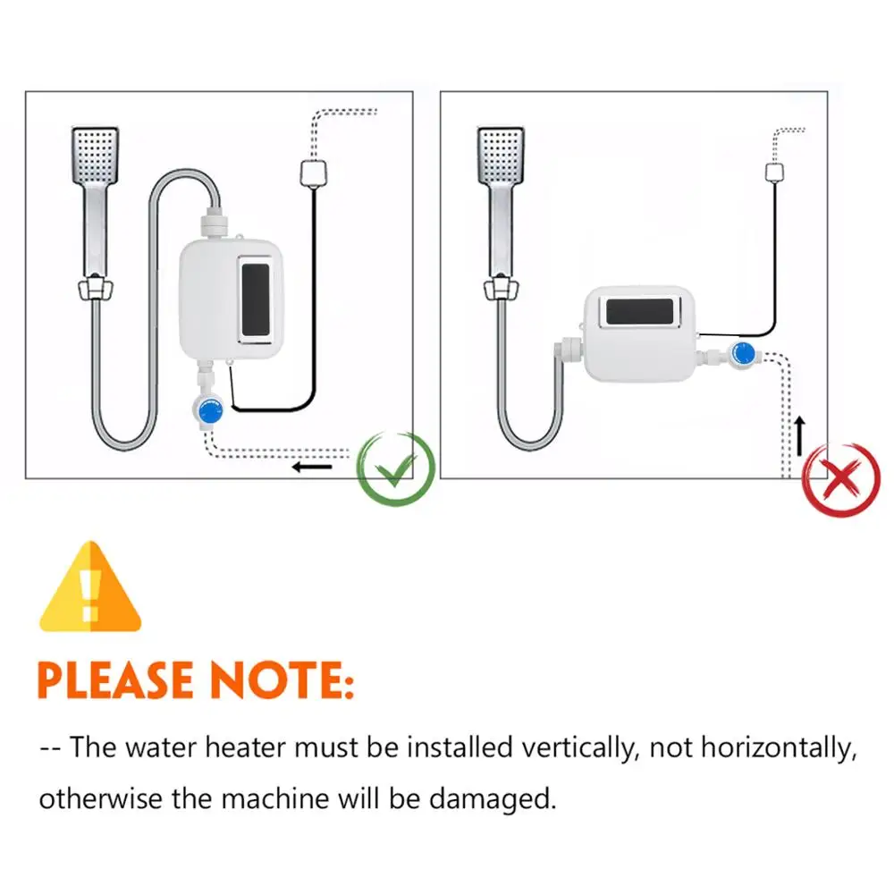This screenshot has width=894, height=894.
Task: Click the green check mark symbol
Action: [x=396, y=468]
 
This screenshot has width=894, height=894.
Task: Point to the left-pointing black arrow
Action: [x=312, y=466]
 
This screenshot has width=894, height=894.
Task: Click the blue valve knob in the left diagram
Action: [x=209, y=412]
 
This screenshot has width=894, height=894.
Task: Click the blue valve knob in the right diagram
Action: [x=741, y=354]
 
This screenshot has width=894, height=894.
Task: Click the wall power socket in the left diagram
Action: [x=311, y=172]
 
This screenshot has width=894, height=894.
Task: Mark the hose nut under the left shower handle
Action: [x=96, y=288]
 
